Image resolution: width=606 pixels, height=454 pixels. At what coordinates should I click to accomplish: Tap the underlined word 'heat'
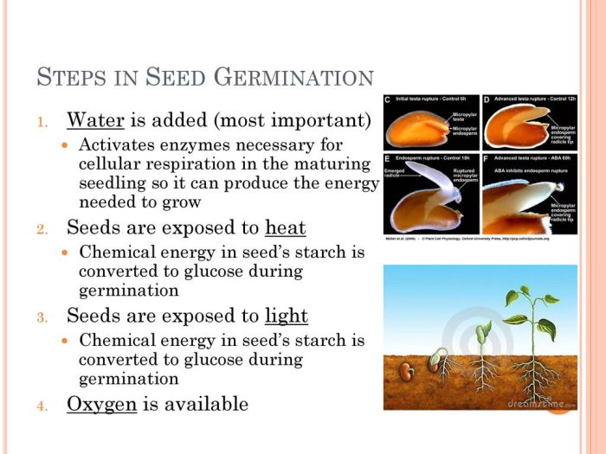pyautogui.click(x=285, y=227)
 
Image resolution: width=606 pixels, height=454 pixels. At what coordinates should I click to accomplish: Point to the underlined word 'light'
pyautogui.click(x=287, y=316)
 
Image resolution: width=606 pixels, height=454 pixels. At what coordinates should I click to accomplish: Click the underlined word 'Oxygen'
pyautogui.click(x=101, y=404)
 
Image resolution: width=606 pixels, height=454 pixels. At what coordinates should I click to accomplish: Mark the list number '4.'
pyautogui.click(x=42, y=406)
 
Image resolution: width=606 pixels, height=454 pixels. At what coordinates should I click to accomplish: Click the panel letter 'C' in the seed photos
pyautogui.click(x=388, y=100)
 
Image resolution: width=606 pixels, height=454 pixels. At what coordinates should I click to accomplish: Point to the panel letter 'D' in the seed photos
pyautogui.click(x=487, y=100)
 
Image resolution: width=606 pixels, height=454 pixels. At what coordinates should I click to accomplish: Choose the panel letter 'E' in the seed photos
pyautogui.click(x=388, y=161)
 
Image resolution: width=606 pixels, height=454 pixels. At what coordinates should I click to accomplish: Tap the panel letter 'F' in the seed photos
pyautogui.click(x=487, y=161)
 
